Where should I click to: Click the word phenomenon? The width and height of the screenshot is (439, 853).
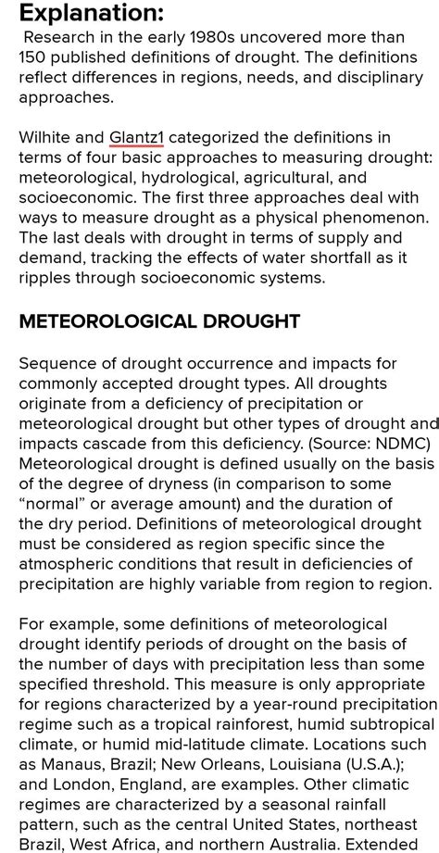point(373,217)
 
